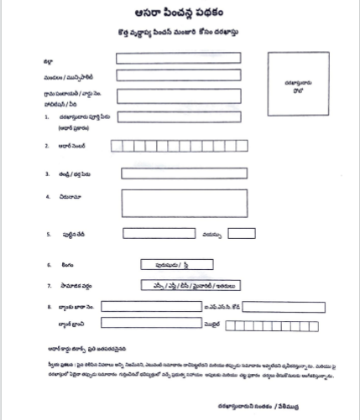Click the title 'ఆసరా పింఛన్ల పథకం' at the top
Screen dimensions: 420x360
pyautogui.click(x=179, y=14)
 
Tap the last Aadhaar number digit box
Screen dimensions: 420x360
pyautogui.click(x=246, y=146)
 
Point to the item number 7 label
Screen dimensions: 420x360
pyautogui.click(x=50, y=285)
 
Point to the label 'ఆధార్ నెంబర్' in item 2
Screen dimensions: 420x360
pyautogui.click(x=72, y=146)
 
